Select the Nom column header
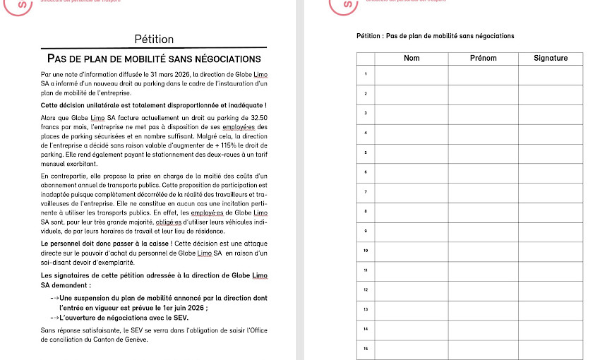(411, 58)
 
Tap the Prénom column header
(483, 58)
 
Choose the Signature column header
(551, 58)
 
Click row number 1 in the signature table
(366, 74)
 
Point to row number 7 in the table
(366, 192)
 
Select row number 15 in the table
(366, 349)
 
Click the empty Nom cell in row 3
(411, 113)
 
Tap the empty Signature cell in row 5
(551, 152)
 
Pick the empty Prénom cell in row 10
(483, 251)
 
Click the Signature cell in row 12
(551, 290)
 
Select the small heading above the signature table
(436, 36)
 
